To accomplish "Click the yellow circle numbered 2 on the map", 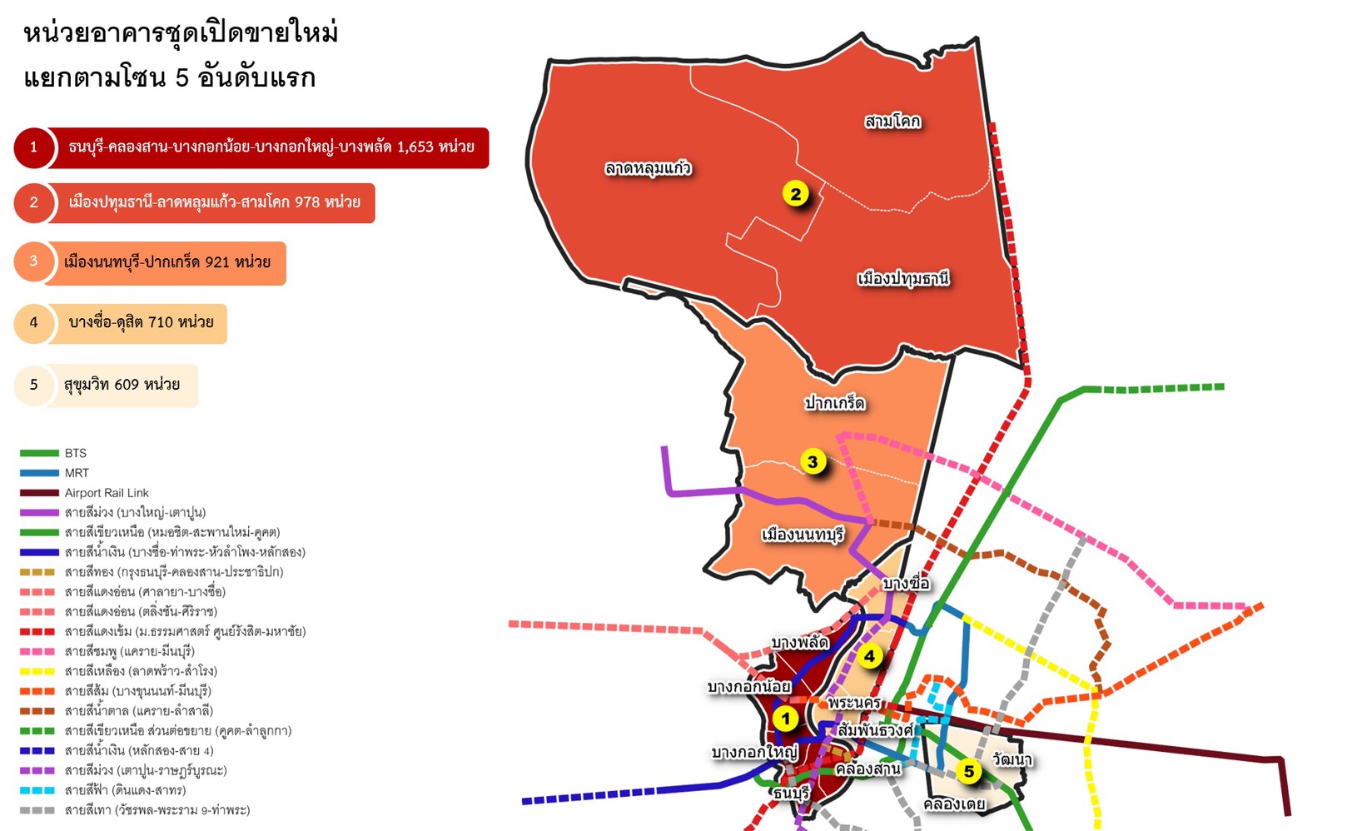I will pyautogui.click(x=796, y=194).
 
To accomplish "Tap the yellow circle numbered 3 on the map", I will pyautogui.click(x=813, y=462).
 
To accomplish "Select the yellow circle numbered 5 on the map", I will pyautogui.click(x=968, y=772).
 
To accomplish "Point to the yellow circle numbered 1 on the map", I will pyautogui.click(x=785, y=718).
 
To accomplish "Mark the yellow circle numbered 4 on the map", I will pyautogui.click(x=869, y=656).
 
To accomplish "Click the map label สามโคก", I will pyautogui.click(x=892, y=122).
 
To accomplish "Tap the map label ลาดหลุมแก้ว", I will pyautogui.click(x=648, y=168).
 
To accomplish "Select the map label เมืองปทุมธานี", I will pyautogui.click(x=903, y=278).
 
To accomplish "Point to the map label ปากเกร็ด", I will pyautogui.click(x=834, y=403).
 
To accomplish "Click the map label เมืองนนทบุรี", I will pyautogui.click(x=803, y=535).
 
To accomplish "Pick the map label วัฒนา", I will pyautogui.click(x=1012, y=759).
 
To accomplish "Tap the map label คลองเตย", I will pyautogui.click(x=954, y=804).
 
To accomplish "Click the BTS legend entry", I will pyautogui.click(x=75, y=453).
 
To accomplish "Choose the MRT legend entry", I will pyautogui.click(x=77, y=473).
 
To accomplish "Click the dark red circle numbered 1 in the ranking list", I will pyautogui.click(x=33, y=147).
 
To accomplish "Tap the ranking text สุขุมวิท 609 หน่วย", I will pyautogui.click(x=122, y=385).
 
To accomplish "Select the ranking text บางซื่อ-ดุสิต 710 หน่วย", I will pyautogui.click(x=141, y=322).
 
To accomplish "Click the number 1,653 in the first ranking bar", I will pyautogui.click(x=415, y=147).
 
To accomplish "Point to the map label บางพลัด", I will pyautogui.click(x=799, y=643).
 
